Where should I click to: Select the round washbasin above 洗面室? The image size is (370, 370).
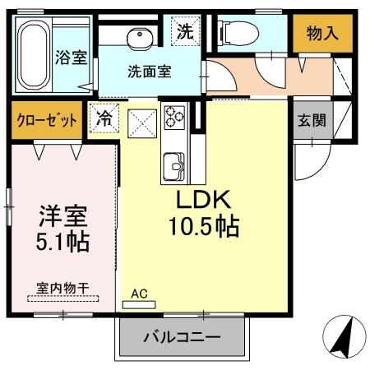[x=137, y=36]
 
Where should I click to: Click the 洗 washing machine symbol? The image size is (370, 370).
[x=185, y=34]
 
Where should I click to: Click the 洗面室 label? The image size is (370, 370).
[x=149, y=71]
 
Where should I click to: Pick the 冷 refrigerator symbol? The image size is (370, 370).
[x=104, y=119]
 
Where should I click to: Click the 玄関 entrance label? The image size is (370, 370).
[x=311, y=120]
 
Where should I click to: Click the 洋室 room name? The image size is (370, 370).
[x=63, y=218]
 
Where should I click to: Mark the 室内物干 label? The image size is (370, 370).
[x=62, y=287]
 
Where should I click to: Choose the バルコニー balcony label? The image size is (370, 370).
[x=183, y=337]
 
